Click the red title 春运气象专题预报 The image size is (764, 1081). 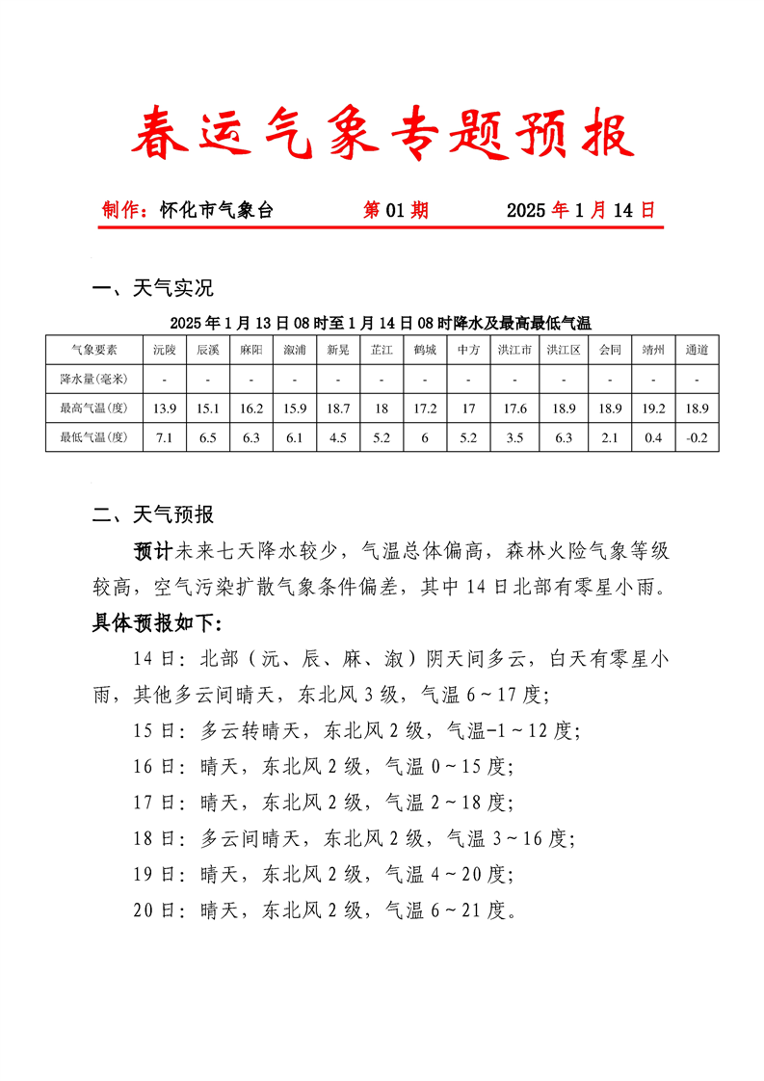(x=382, y=134)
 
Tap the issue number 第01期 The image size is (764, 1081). (x=395, y=210)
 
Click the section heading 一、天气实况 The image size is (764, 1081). (x=152, y=287)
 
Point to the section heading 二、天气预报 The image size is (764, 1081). (x=152, y=514)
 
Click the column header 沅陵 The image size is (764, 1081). (x=165, y=350)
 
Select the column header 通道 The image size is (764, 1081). (x=697, y=350)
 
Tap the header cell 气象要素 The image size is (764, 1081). (x=94, y=350)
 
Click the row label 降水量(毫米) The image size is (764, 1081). (x=94, y=379)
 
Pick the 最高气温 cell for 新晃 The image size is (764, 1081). (x=338, y=409)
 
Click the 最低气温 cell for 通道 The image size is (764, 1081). (x=697, y=437)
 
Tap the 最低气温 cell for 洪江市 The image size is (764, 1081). (x=514, y=437)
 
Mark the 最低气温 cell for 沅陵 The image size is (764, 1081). (x=165, y=437)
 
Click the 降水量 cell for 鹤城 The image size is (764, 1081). (x=425, y=379)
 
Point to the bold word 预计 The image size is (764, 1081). (x=152, y=551)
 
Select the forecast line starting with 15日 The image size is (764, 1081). (x=356, y=730)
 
